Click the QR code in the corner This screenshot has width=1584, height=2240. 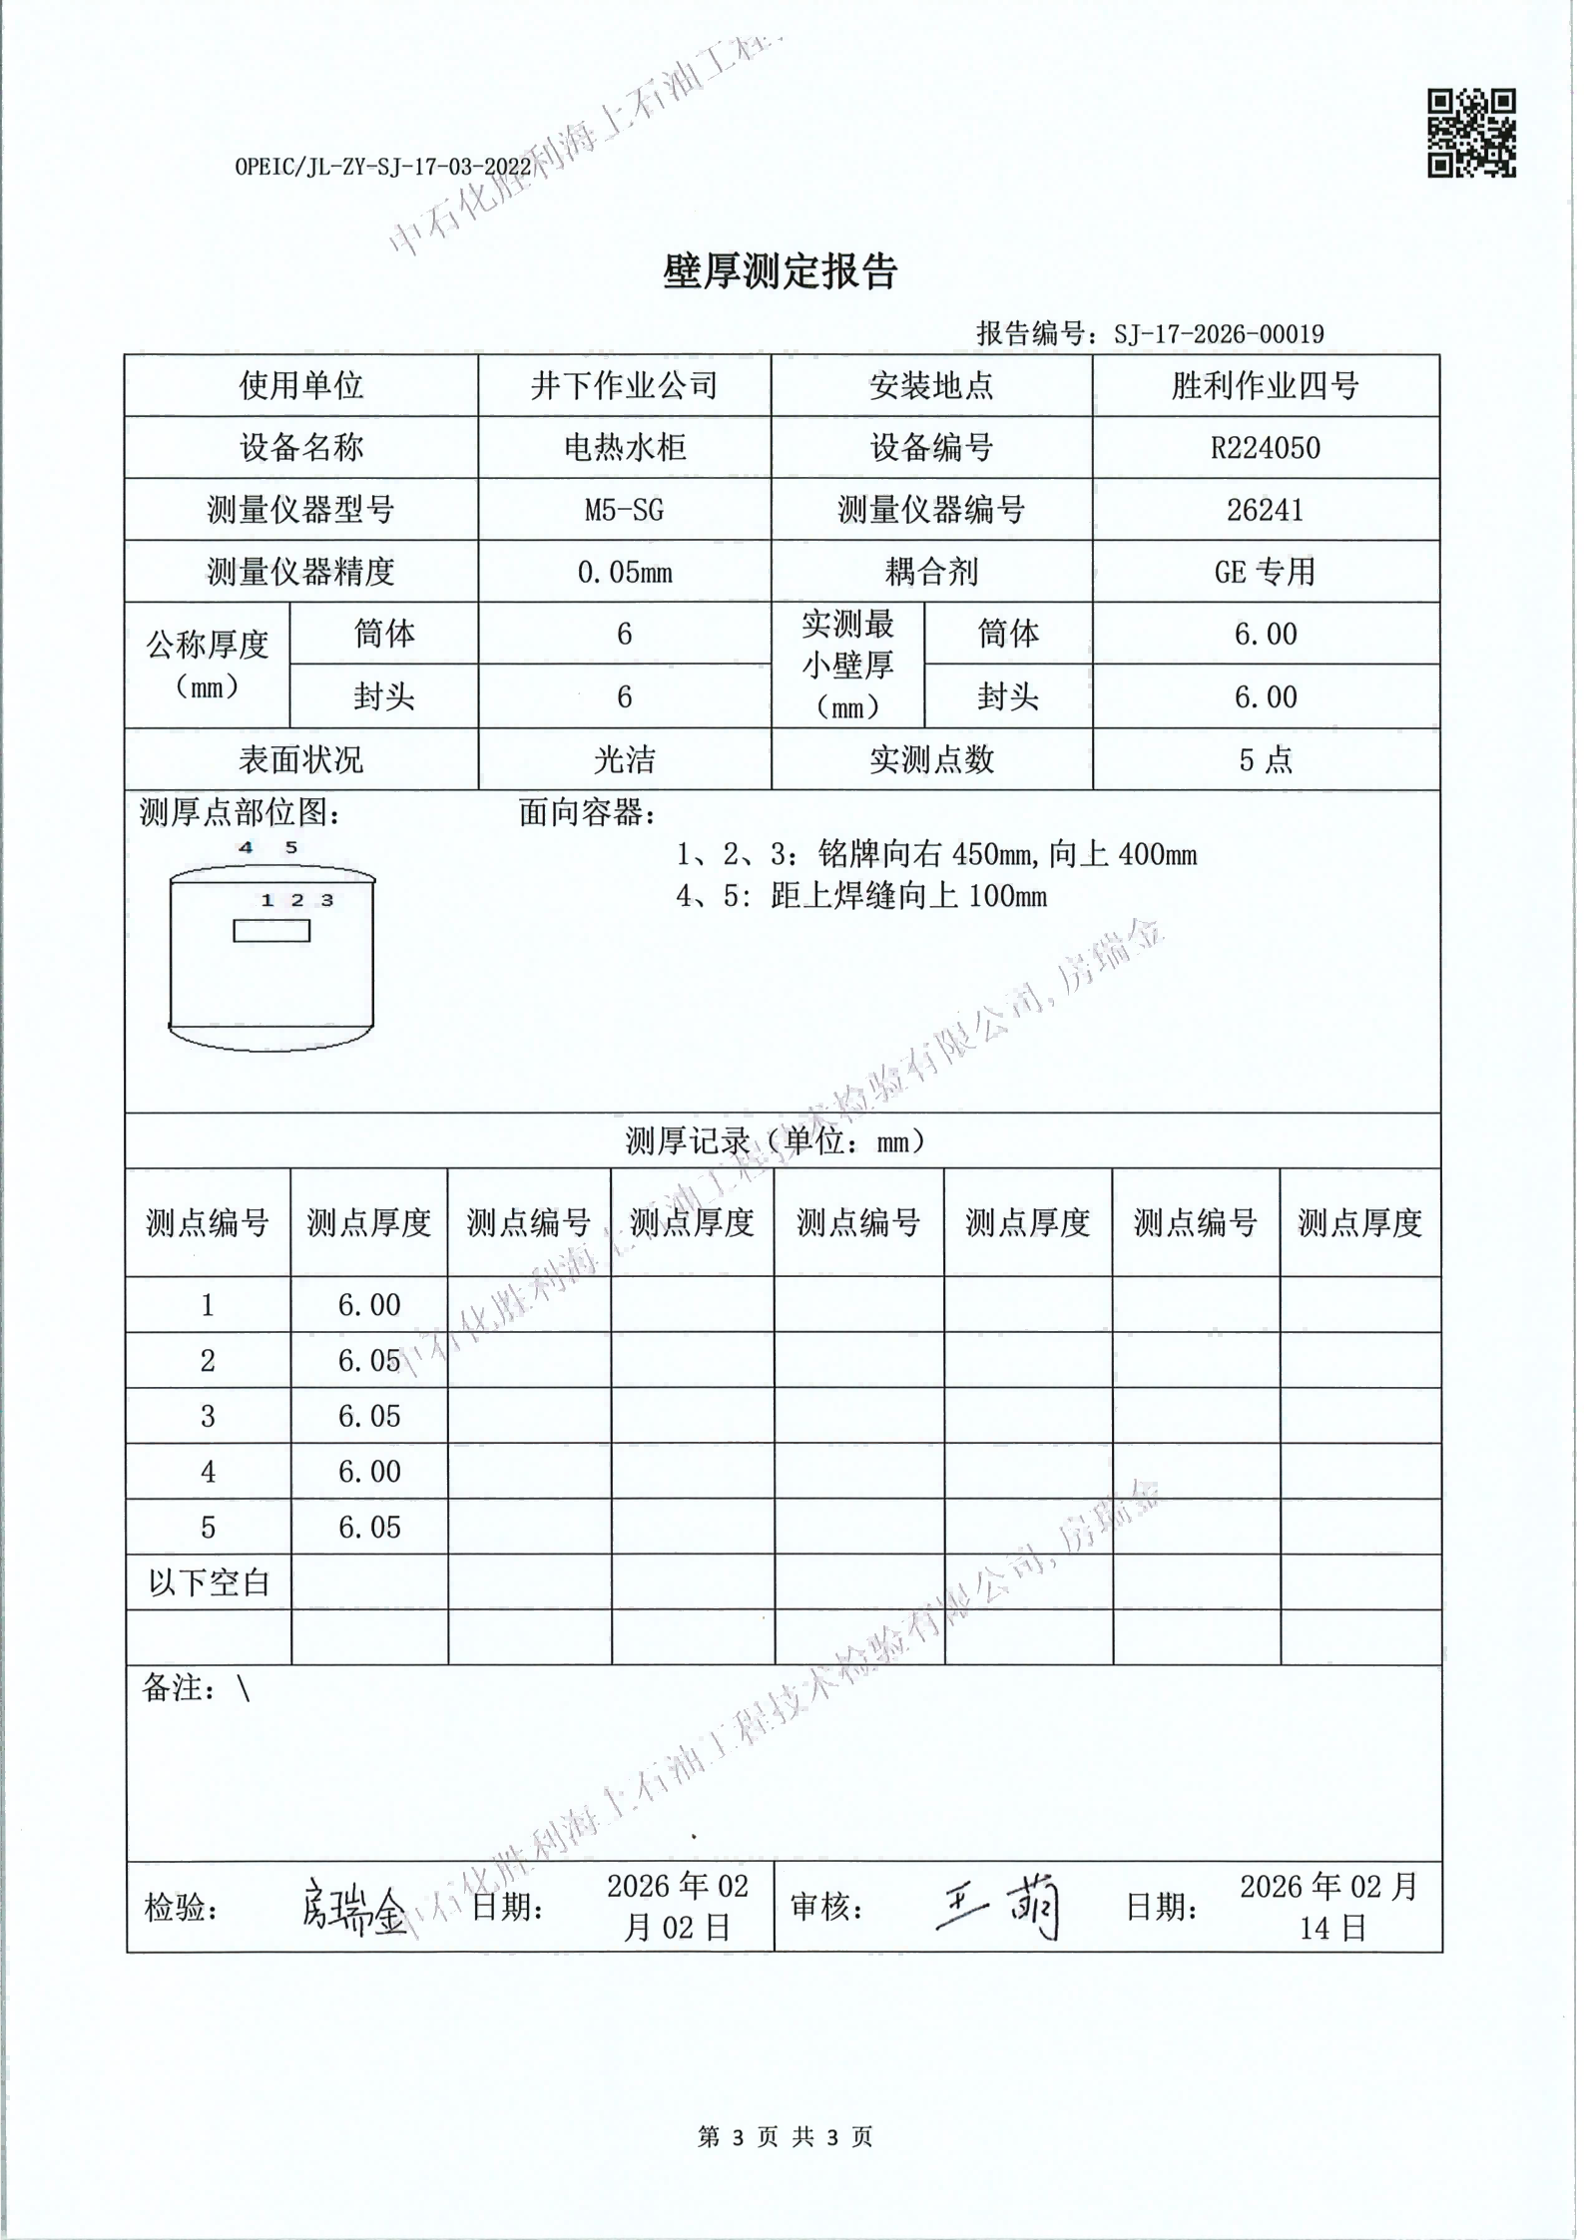tap(1470, 134)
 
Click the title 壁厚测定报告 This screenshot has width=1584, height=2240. tap(780, 271)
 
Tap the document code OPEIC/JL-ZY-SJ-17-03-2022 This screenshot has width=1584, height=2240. tap(382, 167)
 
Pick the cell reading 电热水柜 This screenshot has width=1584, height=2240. tap(624, 448)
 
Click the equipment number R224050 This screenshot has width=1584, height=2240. tap(1265, 448)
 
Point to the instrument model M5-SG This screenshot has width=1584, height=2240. tap(624, 511)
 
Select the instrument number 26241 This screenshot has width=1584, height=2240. tap(1265, 511)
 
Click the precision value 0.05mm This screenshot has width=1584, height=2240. tap(624, 573)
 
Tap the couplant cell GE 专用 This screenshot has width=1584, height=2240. tap(1265, 573)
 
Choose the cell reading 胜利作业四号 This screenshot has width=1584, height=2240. tap(1265, 386)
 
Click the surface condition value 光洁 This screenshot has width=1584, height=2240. tap(624, 760)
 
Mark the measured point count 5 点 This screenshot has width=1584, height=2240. tap(1265, 760)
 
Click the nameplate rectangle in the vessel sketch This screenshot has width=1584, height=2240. tap(271, 931)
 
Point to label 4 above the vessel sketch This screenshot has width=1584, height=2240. tap(246, 848)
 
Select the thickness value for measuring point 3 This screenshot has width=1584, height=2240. tap(369, 1416)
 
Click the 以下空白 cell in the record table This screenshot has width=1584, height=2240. tap(208, 1582)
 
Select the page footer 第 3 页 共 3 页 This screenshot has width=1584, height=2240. tap(785, 2136)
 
